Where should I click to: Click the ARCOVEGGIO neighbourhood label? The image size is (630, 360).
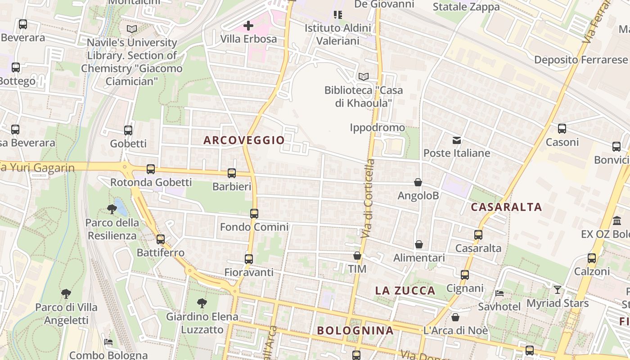[244, 140]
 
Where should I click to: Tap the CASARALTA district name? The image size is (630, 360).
[506, 207]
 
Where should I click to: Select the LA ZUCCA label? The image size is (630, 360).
[405, 291]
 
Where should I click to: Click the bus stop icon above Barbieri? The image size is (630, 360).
[232, 173]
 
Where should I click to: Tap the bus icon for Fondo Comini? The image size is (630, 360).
[254, 213]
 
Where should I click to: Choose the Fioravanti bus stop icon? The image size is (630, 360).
[249, 259]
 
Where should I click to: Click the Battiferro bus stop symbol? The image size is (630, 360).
[161, 239]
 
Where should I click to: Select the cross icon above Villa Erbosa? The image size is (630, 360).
[248, 26]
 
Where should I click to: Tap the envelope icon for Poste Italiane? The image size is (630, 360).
[457, 140]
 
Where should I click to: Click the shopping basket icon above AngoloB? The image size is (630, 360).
[418, 182]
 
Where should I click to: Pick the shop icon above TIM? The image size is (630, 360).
[357, 256]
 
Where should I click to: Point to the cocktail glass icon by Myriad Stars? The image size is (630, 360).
[558, 290]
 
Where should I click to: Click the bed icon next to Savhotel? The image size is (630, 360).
[499, 293]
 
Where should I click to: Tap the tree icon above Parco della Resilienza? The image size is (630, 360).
[112, 209]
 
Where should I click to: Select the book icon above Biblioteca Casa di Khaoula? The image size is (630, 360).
[363, 76]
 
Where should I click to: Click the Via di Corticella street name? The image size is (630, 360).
[368, 198]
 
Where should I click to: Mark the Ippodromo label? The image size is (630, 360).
[377, 128]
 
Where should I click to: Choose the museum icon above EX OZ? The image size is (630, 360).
[617, 221]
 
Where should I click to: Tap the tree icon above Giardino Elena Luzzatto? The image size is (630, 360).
[202, 303]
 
